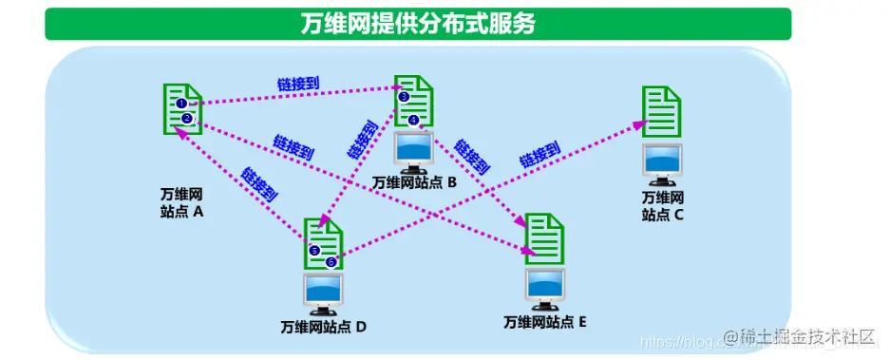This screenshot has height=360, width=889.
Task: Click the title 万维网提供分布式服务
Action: pyautogui.click(x=418, y=24)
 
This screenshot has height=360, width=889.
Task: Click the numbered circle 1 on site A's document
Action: pyautogui.click(x=181, y=103)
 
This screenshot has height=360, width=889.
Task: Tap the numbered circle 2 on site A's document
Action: pyautogui.click(x=187, y=118)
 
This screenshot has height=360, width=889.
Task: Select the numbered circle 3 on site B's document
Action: pyautogui.click(x=404, y=97)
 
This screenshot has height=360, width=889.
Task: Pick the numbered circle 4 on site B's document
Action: pyautogui.click(x=413, y=121)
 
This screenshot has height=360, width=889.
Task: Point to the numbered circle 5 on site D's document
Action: pyautogui.click(x=314, y=250)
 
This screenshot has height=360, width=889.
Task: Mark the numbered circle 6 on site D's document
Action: pyautogui.click(x=331, y=261)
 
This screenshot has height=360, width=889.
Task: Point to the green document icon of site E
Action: pyautogui.click(x=545, y=237)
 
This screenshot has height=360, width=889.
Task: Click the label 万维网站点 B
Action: pyautogui.click(x=415, y=182)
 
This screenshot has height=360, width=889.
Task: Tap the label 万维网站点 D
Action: pyautogui.click(x=323, y=328)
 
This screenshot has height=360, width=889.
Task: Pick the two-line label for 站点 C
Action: pyautogui.click(x=662, y=205)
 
